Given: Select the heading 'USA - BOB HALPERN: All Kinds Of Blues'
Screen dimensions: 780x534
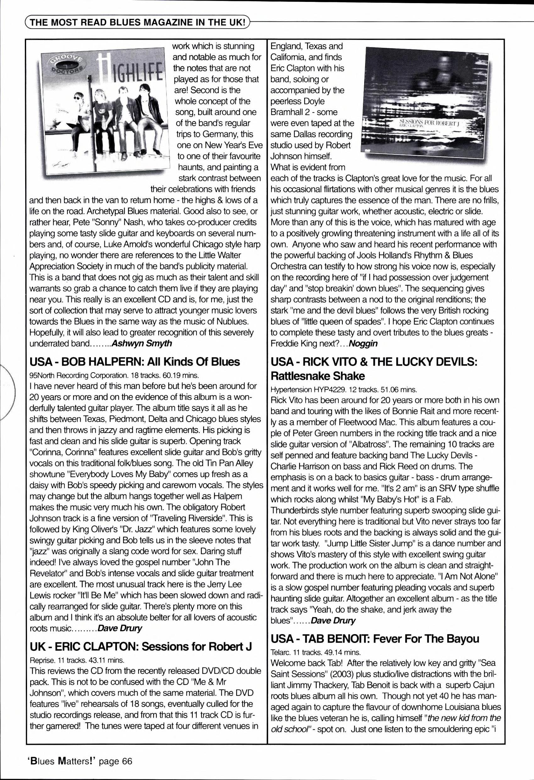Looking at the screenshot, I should point(135,362).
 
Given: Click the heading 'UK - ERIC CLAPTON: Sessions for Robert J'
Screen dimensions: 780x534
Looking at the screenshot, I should point(141,646).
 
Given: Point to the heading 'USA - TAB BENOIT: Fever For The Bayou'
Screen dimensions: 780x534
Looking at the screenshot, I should point(375,639).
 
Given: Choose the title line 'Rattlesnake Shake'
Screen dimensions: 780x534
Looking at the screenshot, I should point(318,376).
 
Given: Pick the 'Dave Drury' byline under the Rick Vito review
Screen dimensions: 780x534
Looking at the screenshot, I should point(333,621).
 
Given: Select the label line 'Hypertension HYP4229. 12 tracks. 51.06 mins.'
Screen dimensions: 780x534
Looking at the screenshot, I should point(344,390).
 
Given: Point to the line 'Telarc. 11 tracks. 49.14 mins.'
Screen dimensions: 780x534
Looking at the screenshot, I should point(316,652).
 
